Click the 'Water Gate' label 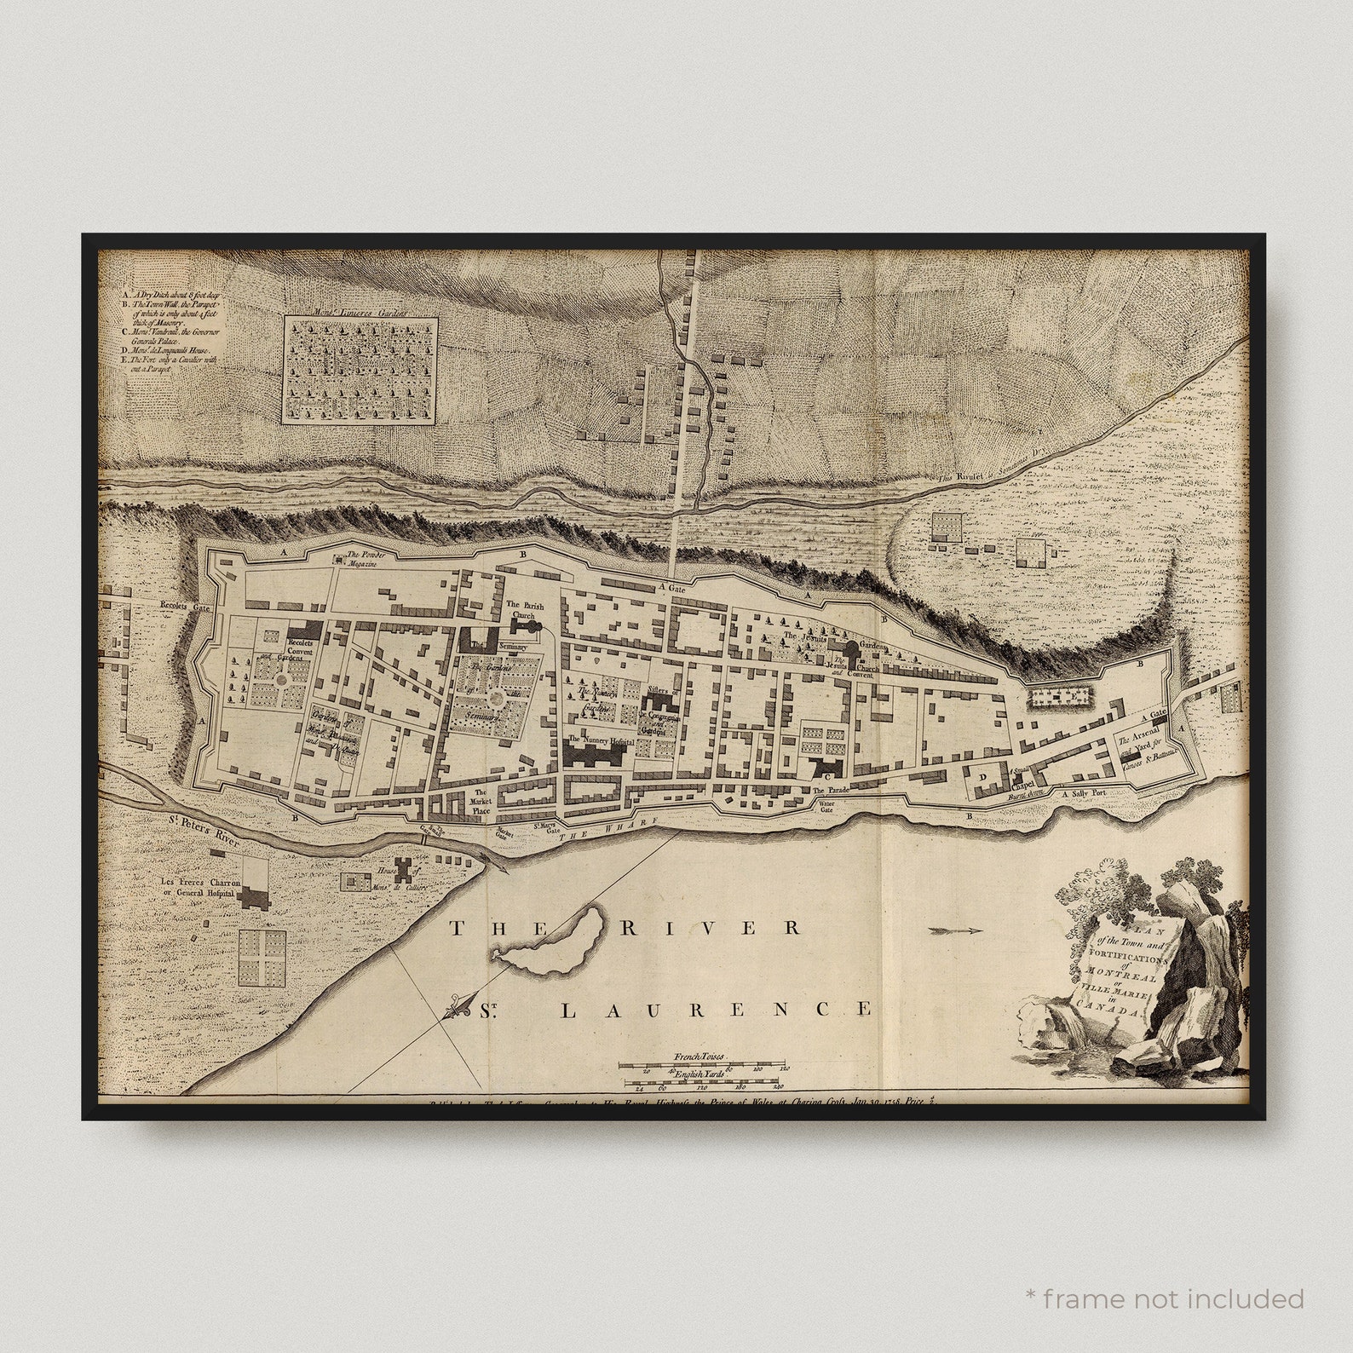click(x=825, y=807)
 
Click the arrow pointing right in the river click(x=956, y=930)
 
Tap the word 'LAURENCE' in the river click(x=716, y=1010)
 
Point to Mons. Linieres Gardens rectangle click(x=360, y=370)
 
